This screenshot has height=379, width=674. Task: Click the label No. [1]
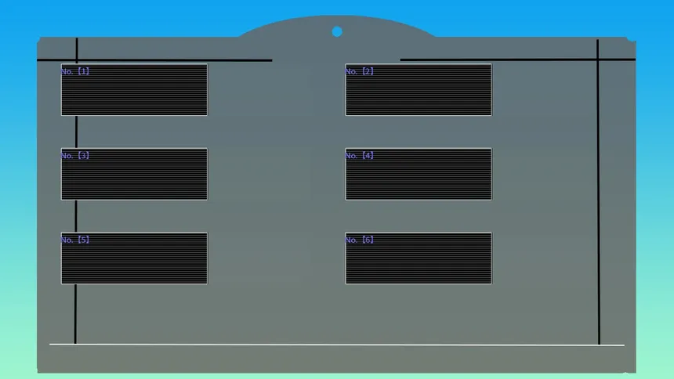75,71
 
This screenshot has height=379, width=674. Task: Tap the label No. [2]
360,71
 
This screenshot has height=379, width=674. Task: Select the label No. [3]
75,156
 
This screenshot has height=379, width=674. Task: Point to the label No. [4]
360,156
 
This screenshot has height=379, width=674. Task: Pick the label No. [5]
75,240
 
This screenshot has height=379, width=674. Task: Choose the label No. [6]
360,240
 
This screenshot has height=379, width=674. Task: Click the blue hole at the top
337,31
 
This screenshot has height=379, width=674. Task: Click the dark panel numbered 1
134,90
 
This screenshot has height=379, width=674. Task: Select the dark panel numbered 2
419,90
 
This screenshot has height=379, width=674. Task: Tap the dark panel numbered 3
134,174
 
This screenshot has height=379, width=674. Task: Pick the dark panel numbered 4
419,174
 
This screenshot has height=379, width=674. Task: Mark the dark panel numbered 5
134,258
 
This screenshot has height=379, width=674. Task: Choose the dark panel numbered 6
419,258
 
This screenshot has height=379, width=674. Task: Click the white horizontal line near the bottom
337,345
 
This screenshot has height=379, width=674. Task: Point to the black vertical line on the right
598,192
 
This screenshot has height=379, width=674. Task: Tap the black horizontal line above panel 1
154,60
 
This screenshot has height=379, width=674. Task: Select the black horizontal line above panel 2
518,60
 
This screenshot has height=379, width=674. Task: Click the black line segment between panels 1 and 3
77,132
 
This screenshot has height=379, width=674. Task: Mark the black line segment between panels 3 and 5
76,216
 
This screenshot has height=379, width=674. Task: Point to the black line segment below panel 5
75,314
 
